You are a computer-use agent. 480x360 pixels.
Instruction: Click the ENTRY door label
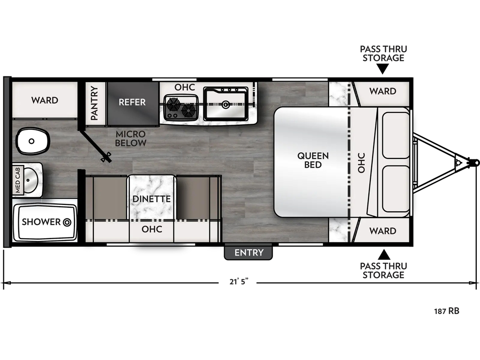click(248, 253)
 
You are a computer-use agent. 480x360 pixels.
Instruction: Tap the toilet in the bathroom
click(32, 141)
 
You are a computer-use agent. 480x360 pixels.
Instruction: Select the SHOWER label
click(41, 222)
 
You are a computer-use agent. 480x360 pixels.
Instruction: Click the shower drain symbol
click(67, 222)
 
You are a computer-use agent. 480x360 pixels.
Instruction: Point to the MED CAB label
click(17, 180)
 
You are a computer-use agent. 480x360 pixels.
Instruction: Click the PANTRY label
click(94, 103)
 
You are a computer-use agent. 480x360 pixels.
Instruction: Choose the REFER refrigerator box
click(133, 104)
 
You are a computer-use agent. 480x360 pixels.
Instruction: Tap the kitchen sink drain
click(226, 105)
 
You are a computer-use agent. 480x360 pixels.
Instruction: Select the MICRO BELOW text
click(131, 138)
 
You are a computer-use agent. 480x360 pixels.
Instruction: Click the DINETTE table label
click(151, 199)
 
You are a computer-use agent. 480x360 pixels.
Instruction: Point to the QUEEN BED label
click(313, 160)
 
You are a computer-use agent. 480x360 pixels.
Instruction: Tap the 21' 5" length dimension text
click(239, 282)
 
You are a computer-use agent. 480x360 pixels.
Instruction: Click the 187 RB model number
click(447, 311)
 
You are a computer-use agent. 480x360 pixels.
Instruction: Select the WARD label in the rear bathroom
click(45, 100)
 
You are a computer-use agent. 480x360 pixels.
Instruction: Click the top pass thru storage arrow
click(382, 70)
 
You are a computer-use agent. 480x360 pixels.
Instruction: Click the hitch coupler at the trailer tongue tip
click(474, 162)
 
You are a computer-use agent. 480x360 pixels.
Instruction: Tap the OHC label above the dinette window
click(152, 229)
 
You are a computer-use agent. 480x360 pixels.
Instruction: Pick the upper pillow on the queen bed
click(396, 135)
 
